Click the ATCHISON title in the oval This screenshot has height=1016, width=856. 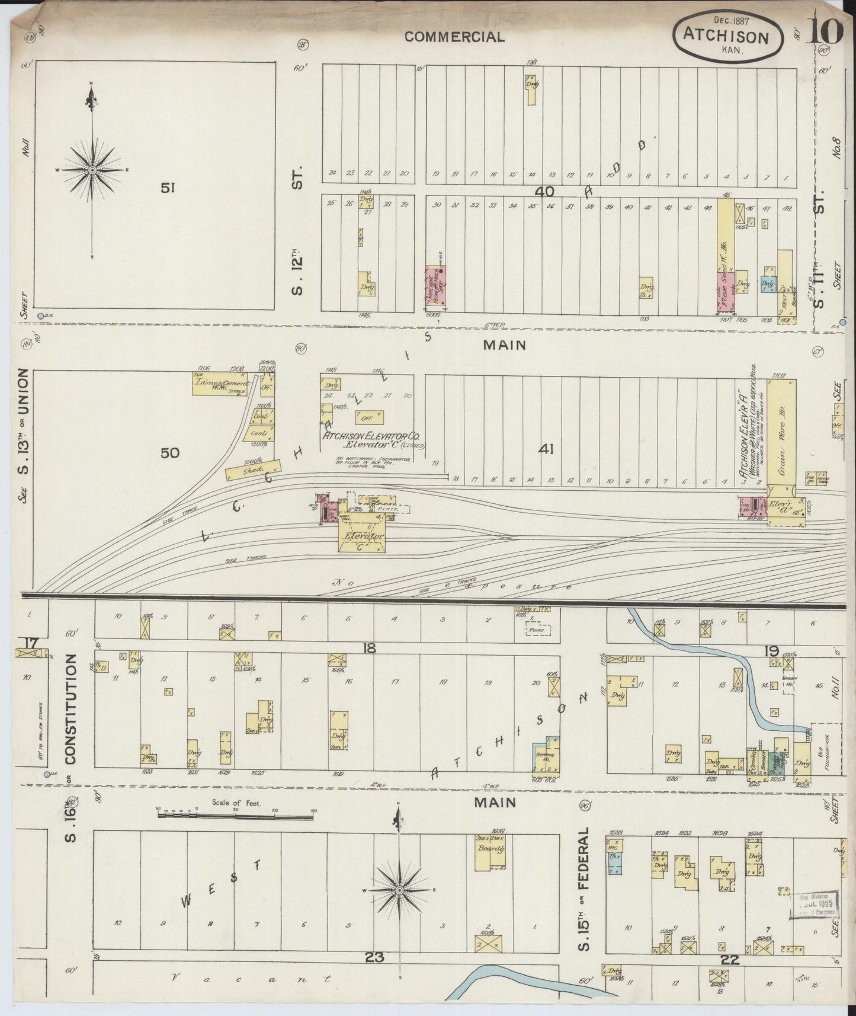(726, 36)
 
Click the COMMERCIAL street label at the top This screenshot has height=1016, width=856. (454, 37)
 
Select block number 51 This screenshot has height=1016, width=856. (168, 188)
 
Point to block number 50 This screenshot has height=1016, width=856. (169, 453)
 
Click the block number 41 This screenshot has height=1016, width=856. (546, 449)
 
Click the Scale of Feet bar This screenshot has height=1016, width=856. (235, 816)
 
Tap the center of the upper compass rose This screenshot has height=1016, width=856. (92, 170)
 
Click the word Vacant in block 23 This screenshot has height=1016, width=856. (251, 979)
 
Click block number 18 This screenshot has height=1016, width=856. (369, 648)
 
